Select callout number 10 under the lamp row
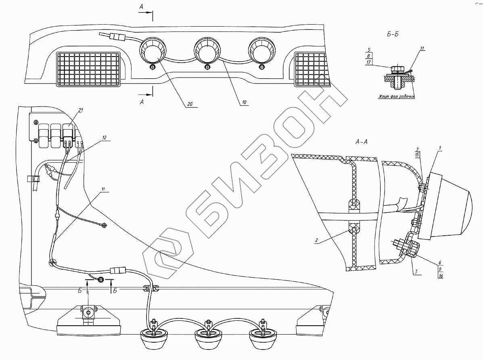click(x=244, y=103)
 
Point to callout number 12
click(x=104, y=138)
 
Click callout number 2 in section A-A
click(x=317, y=241)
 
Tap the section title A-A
click(x=361, y=142)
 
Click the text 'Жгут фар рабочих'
click(x=397, y=97)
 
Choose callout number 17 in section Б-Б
click(x=369, y=63)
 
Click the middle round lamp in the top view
click(x=206, y=50)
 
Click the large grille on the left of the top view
click(x=88, y=69)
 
